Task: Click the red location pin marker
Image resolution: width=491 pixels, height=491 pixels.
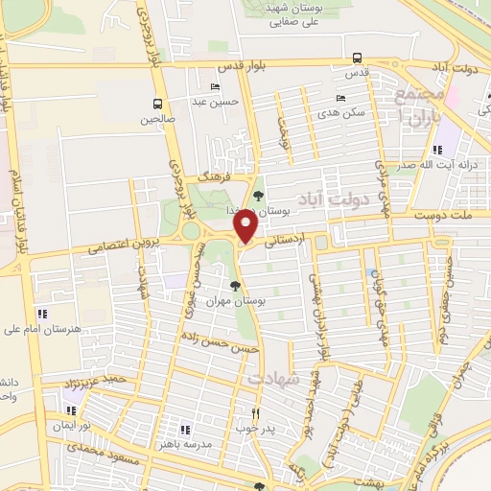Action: [x=245, y=227]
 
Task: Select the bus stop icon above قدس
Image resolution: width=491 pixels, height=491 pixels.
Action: [x=357, y=57]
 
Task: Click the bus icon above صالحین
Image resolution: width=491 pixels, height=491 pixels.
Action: [x=156, y=104]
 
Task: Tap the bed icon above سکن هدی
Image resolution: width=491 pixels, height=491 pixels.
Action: [x=339, y=98]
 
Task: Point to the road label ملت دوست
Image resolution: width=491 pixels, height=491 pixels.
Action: [x=435, y=219]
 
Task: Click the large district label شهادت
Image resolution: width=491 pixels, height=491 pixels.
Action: [x=275, y=379]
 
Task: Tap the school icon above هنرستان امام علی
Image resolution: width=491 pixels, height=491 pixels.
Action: [x=41, y=314]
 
